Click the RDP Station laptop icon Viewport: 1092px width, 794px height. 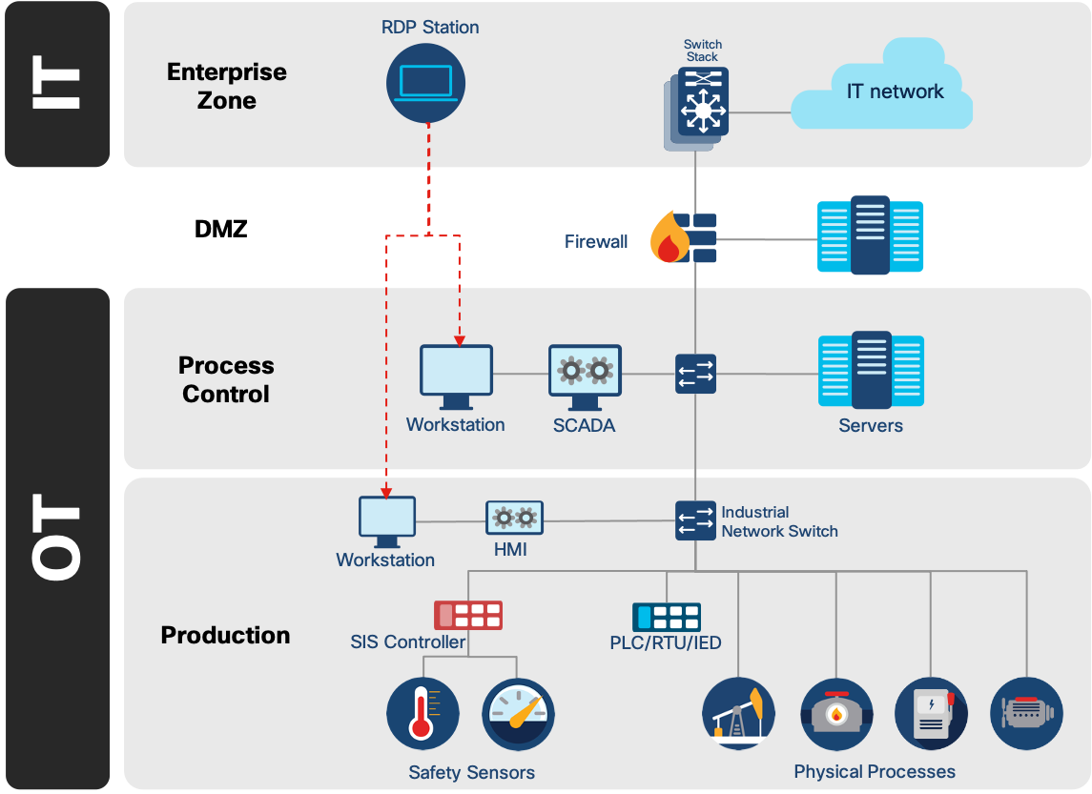(x=426, y=83)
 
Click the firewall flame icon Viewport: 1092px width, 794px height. (x=670, y=238)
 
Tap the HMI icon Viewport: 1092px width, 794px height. (x=514, y=519)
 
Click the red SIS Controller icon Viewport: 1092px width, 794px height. (x=468, y=616)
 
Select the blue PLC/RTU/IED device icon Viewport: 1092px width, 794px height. (x=666, y=617)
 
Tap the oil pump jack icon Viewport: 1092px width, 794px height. (x=739, y=714)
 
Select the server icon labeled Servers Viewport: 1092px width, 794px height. (x=871, y=371)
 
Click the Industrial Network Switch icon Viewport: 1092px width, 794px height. (x=695, y=520)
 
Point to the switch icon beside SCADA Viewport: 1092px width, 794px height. (x=695, y=374)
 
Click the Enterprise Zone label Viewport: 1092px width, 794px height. (x=226, y=86)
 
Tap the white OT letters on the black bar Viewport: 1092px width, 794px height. (x=57, y=539)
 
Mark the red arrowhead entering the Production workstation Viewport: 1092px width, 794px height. (x=386, y=491)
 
